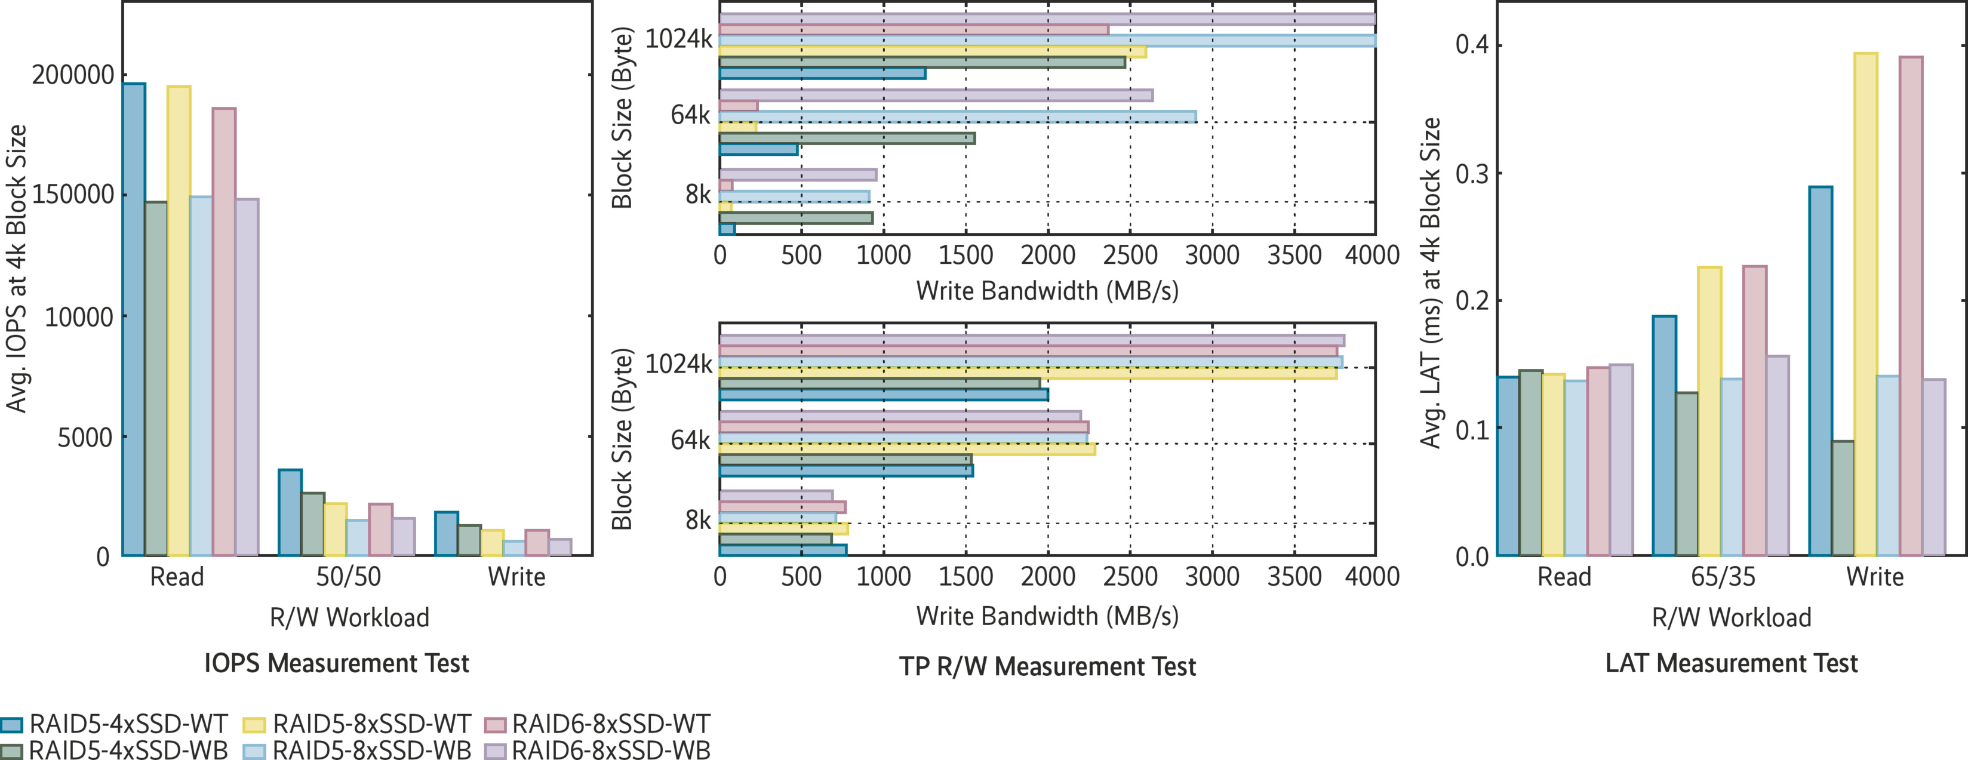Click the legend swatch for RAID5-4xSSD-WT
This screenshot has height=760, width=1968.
(x=12, y=725)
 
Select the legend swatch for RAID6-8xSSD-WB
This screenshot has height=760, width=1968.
(x=495, y=751)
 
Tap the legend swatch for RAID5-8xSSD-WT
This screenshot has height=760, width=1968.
(x=254, y=725)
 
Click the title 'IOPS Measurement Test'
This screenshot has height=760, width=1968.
(x=336, y=663)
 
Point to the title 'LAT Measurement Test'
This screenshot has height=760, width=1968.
(x=1731, y=663)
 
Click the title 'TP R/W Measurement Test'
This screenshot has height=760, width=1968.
(x=1047, y=667)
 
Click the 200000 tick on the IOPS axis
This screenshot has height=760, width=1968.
(x=73, y=75)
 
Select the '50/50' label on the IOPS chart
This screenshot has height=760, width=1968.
(x=348, y=577)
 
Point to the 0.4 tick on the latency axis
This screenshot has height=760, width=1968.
(x=1472, y=44)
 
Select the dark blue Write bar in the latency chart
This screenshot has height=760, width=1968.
(x=1821, y=371)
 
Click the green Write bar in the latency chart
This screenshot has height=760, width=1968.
(x=1843, y=498)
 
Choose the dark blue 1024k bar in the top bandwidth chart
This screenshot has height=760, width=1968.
(x=822, y=73)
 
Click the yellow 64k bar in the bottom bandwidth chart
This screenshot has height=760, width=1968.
(x=907, y=449)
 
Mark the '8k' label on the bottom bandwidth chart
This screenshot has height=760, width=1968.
(x=697, y=520)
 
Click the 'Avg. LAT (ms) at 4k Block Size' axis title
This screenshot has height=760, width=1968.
(x=1429, y=282)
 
